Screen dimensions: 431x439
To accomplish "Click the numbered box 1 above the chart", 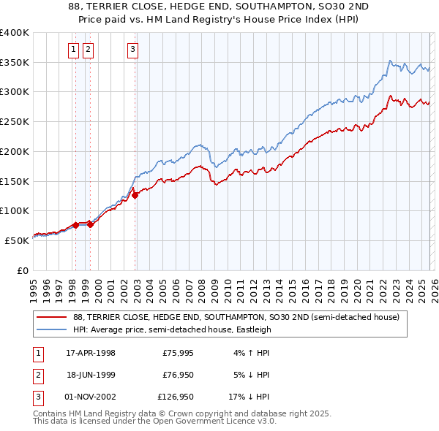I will (x=75, y=50).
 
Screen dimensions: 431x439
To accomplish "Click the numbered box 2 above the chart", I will (x=89, y=50).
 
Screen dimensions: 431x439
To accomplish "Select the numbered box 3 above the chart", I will (x=132, y=50).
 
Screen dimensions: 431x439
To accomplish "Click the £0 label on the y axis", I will (x=22, y=270).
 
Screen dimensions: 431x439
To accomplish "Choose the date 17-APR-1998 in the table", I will (x=91, y=353).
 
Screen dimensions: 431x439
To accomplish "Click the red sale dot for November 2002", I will (x=135, y=195).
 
